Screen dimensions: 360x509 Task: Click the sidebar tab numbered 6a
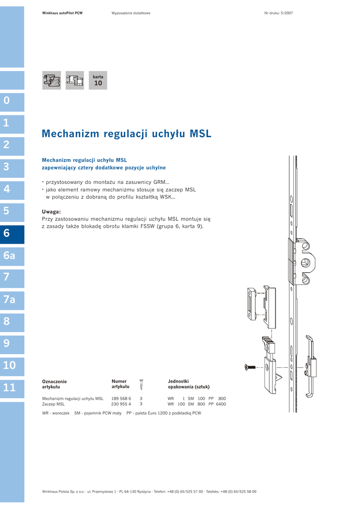coord(12,256)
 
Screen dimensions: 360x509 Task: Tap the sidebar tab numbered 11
coord(12,389)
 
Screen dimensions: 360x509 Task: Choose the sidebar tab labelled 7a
coord(12,300)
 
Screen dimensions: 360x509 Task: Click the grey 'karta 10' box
coord(98,80)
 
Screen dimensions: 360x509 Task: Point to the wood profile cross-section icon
coord(52,80)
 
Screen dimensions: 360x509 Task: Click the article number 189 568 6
coord(121,398)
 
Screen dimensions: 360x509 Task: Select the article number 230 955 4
coord(121,404)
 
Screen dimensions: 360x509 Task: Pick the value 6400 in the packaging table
coord(221,404)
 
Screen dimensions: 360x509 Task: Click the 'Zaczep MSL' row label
coord(53,404)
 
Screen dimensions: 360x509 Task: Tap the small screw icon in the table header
coord(141,384)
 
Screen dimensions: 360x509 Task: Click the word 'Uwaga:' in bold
coord(51,212)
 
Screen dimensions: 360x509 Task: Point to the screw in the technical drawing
coord(250,367)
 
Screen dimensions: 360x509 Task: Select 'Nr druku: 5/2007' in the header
coord(278,13)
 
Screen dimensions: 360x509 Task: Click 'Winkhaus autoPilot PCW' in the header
coord(62,13)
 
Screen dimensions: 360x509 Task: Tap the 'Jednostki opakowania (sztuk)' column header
coord(188,384)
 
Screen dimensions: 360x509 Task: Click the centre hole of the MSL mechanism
coord(305,262)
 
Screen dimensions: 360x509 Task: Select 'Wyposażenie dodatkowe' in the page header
coord(131,13)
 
